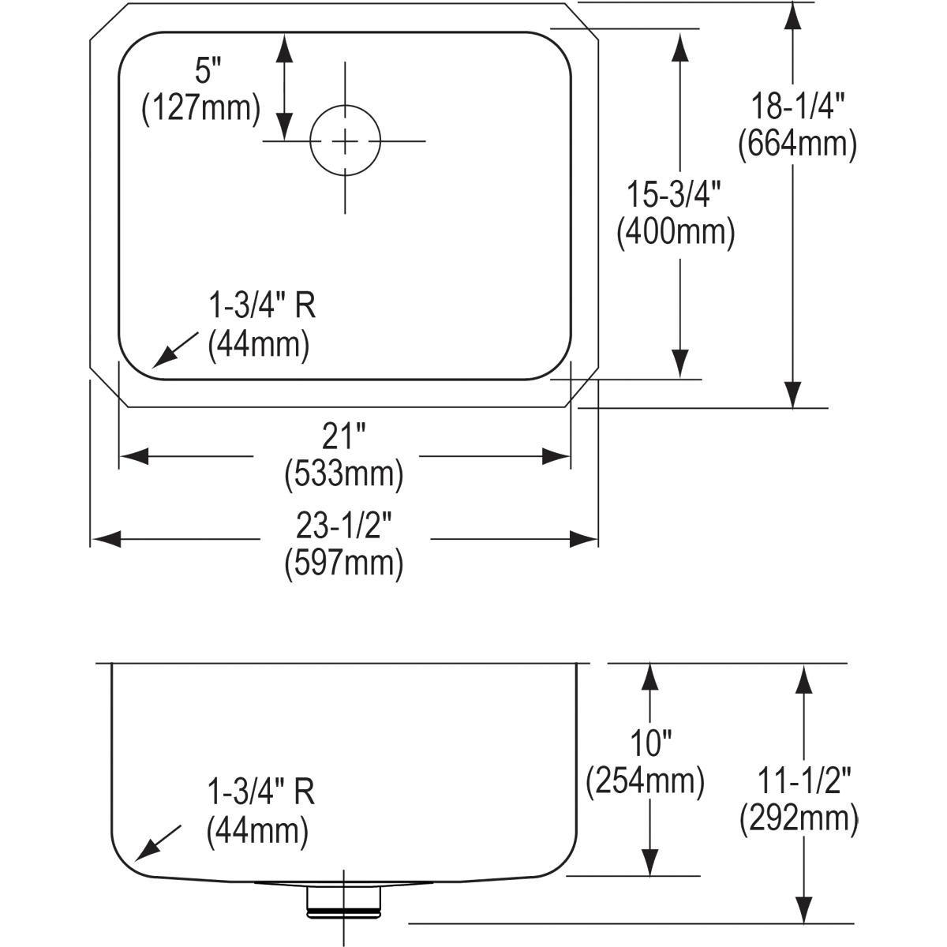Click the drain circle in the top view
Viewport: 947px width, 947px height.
pyautogui.click(x=345, y=140)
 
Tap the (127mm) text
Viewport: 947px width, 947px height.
pyautogui.click(x=200, y=108)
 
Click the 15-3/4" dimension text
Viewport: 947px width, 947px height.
pyautogui.click(x=676, y=195)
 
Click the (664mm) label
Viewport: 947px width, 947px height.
pyautogui.click(x=797, y=144)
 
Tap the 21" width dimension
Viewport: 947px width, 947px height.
pyautogui.click(x=343, y=436)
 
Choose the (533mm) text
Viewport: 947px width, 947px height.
pyautogui.click(x=343, y=473)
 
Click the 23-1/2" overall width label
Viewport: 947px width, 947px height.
pyautogui.click(x=343, y=525)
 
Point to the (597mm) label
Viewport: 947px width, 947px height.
pyautogui.click(x=343, y=563)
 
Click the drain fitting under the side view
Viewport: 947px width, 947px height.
pyautogui.click(x=344, y=899)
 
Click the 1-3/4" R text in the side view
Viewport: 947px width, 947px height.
pyautogui.click(x=260, y=792)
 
